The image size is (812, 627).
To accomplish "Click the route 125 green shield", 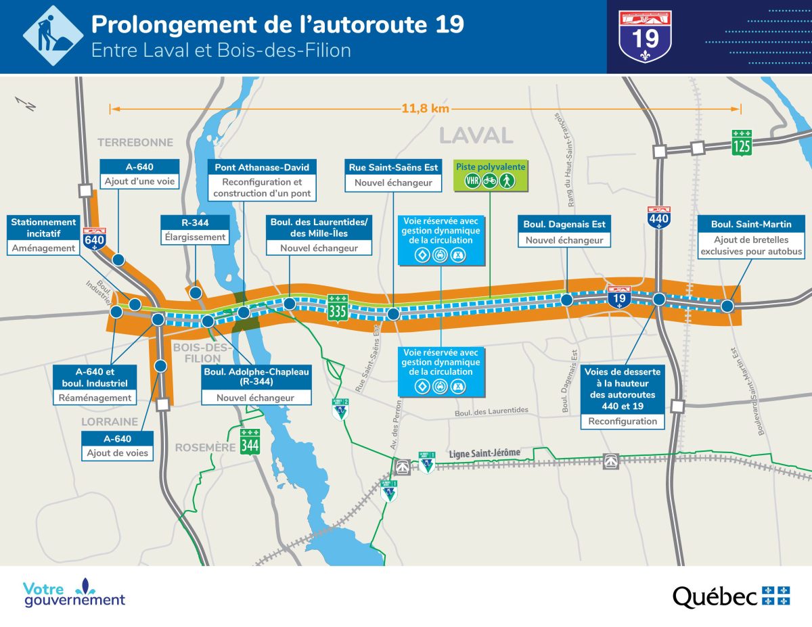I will coord(741,143).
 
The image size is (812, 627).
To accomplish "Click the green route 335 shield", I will coord(338,308).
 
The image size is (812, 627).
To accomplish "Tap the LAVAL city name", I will coord(476,135).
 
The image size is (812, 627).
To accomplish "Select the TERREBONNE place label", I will coord(135,142).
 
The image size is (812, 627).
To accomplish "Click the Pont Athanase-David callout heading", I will coord(261,167).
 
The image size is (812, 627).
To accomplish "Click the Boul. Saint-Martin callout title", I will coord(751,224).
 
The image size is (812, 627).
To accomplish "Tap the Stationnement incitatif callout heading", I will coord(43,227).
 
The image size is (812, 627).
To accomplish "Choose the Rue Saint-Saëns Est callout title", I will coord(393,167).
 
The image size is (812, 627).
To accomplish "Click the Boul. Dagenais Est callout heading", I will coord(564,224).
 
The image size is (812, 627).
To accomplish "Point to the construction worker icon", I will coord(53,36).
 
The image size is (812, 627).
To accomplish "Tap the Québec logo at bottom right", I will coord(731,596).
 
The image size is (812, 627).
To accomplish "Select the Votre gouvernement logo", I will coord(74,593).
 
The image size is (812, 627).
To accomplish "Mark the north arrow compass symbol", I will coord(26,103).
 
